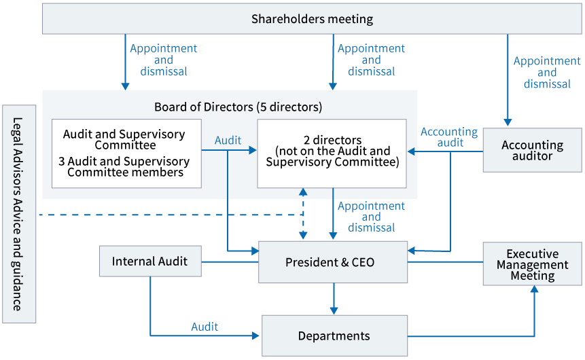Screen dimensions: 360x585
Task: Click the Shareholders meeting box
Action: [312, 19]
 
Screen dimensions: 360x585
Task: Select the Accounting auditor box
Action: [532, 150]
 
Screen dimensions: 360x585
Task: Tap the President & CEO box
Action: [333, 262]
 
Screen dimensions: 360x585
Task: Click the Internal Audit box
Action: [150, 261]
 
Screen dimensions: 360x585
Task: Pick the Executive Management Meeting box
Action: [532, 264]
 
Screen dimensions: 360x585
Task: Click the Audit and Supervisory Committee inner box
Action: [126, 153]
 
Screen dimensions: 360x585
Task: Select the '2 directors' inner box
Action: [332, 152]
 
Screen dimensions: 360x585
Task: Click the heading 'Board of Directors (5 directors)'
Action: [238, 107]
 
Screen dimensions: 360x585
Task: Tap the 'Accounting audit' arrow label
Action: [449, 137]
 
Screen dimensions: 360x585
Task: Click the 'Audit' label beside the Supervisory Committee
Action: [228, 140]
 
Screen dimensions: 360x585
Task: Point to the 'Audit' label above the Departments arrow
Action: [205, 327]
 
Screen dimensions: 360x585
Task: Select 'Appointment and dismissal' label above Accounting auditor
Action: [546, 73]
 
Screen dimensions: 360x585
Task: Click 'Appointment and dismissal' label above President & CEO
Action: [371, 217]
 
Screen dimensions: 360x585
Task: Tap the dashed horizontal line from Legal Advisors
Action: [170, 215]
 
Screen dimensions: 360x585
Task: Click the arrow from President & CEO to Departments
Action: [334, 298]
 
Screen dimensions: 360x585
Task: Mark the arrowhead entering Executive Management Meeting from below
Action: [535, 290]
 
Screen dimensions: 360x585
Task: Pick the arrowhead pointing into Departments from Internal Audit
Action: [256, 336]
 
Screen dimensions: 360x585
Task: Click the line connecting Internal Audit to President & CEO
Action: [230, 262]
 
